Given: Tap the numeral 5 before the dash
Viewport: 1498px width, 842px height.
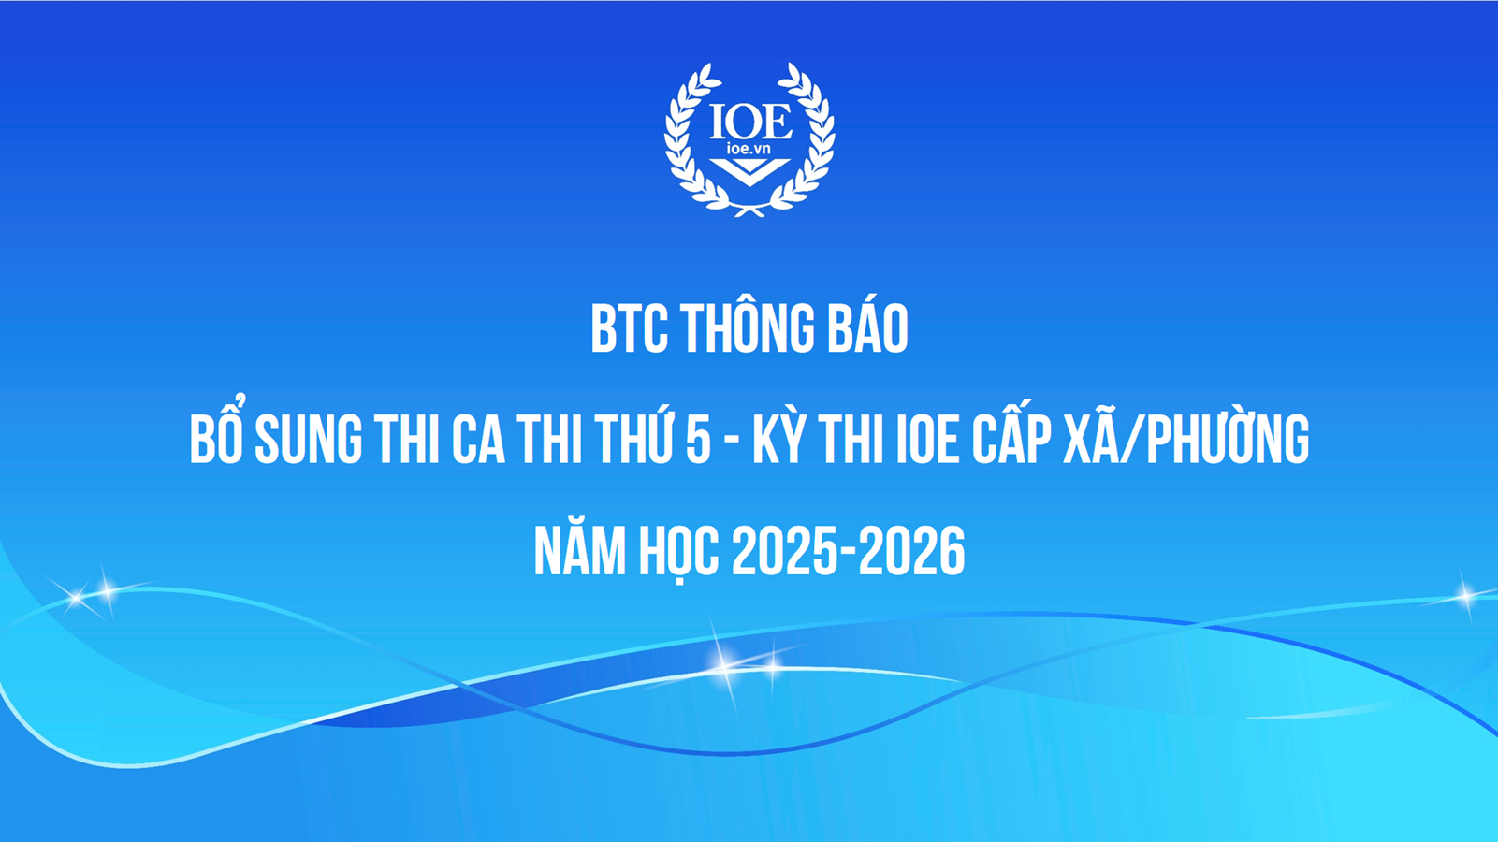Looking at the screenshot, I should pyautogui.click(x=698, y=440).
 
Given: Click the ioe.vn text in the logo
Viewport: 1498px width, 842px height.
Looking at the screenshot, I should pyautogui.click(x=749, y=149).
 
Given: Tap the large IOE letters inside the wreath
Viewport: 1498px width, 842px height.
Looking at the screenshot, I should pyautogui.click(x=749, y=121).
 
